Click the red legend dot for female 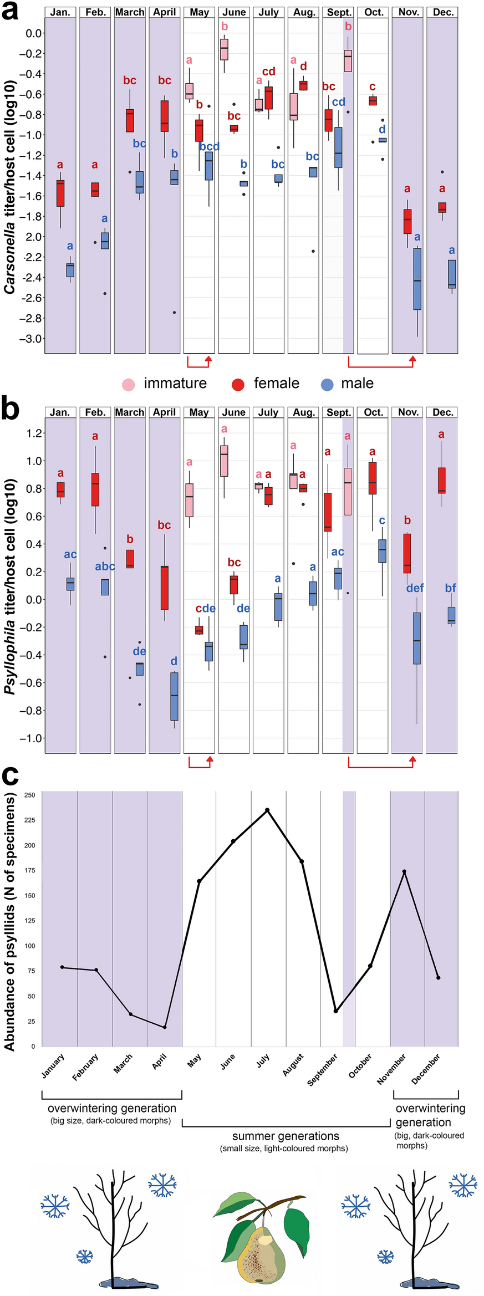coord(238,385)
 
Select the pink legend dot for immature coord(128,385)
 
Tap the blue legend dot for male coord(327,385)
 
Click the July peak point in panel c coord(267,810)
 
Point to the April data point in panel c coord(165,1027)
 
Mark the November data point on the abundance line coord(404,871)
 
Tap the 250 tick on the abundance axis coord(30,795)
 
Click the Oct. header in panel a coord(373,12)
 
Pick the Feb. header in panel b coord(95,412)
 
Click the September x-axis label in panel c coord(323,1070)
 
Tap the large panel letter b coord(11,409)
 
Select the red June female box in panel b coord(234,585)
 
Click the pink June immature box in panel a coord(224,49)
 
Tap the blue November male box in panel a coord(417,279)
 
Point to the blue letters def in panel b coord(415,588)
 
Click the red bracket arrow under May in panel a coord(200,363)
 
